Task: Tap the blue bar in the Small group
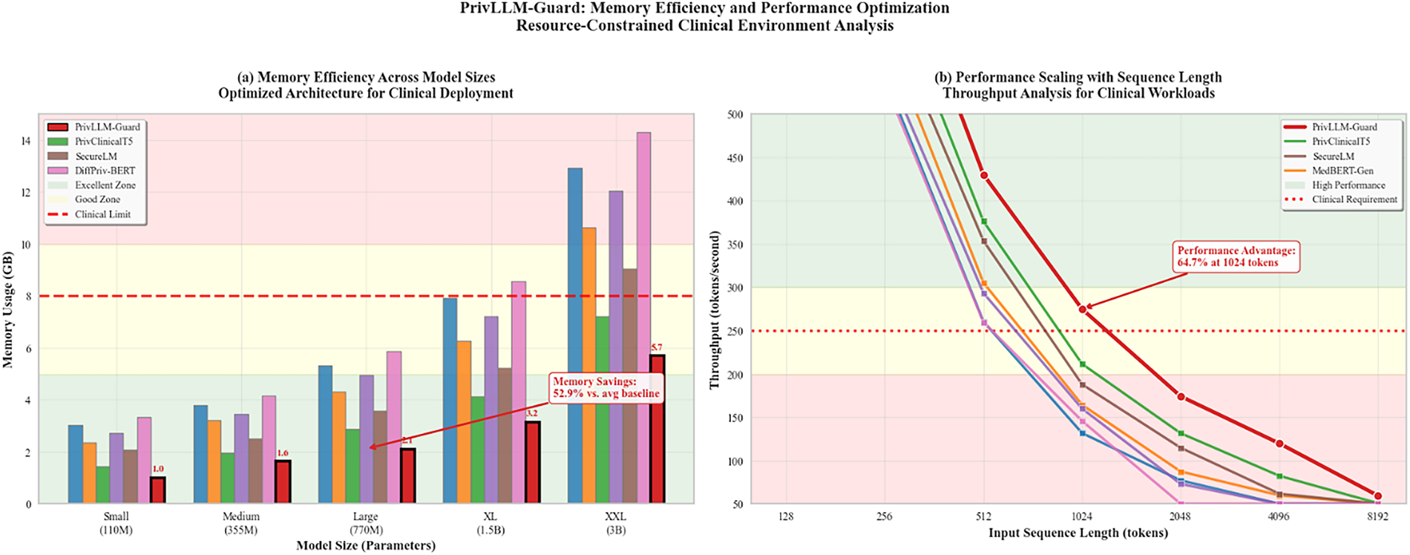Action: [x=76, y=464]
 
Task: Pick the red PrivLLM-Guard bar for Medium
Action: [x=283, y=482]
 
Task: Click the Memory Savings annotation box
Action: [x=606, y=387]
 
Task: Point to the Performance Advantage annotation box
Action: [x=1236, y=256]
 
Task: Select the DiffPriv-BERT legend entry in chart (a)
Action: [x=104, y=171]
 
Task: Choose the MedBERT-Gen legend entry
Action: [x=1342, y=171]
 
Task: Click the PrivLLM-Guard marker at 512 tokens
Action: [x=984, y=175]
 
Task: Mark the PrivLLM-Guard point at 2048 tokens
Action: [x=1181, y=397]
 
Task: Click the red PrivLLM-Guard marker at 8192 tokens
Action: [x=1378, y=496]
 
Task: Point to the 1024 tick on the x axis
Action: [x=1082, y=516]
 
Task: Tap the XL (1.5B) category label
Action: [x=490, y=523]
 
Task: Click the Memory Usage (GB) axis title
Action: [x=8, y=309]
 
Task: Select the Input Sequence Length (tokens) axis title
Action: [x=1078, y=533]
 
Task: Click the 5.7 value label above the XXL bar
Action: [x=657, y=347]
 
